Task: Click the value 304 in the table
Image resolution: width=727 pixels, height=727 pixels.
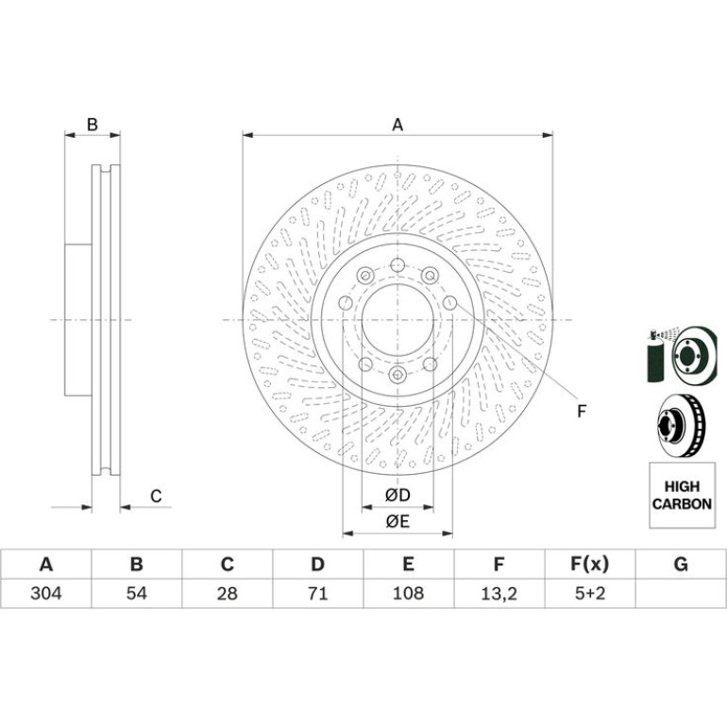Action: point(46,593)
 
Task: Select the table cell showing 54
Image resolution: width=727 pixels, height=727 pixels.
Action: point(136,593)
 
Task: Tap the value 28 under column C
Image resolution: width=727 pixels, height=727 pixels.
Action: point(227,593)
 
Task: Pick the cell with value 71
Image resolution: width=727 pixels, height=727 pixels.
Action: point(317,593)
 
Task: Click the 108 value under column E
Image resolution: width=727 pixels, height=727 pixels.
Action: point(408,593)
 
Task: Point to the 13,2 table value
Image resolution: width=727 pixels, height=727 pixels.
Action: point(499,594)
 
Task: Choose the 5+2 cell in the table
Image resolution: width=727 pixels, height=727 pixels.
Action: point(590,593)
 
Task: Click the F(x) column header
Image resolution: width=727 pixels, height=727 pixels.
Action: point(589,565)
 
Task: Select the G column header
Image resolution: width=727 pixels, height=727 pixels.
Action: point(680,565)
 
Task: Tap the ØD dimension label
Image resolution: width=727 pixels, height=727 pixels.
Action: point(397,495)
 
